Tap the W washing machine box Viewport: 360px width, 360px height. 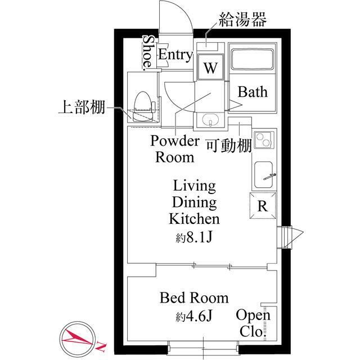(210, 68)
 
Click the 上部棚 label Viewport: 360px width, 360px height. (82, 107)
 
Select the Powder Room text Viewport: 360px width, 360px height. (174, 149)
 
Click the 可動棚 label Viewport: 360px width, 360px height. (228, 146)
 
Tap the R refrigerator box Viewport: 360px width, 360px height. (262, 206)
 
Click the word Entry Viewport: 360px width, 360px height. (175, 55)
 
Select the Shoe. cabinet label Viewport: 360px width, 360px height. (148, 53)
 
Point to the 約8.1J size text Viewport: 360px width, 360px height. (193, 236)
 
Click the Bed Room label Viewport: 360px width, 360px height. (193, 298)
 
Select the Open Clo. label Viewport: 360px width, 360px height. (253, 323)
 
